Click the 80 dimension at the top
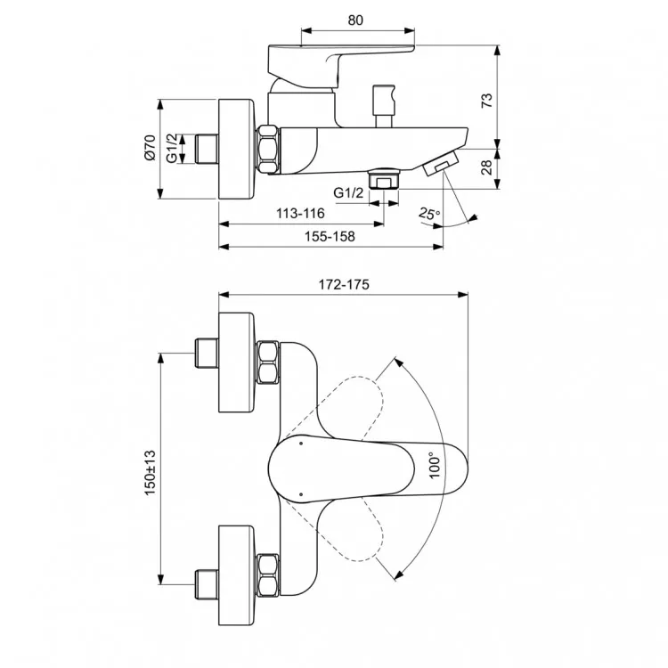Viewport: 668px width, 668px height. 355,20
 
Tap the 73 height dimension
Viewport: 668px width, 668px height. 486,101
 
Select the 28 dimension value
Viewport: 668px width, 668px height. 486,167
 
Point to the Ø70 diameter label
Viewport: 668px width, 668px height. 150,147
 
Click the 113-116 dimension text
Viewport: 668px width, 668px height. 300,213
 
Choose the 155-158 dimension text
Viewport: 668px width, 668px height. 330,236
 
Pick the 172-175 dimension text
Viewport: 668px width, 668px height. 344,284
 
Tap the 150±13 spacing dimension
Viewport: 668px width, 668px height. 150,472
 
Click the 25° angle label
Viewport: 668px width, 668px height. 428,214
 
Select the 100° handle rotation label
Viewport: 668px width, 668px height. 434,465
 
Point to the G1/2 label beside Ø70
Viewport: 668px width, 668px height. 171,147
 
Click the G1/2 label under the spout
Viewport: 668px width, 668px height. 348,192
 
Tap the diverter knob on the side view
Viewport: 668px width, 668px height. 383,106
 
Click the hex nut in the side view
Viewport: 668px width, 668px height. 268,150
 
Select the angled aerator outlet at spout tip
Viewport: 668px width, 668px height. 441,162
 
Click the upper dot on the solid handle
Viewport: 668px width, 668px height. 301,444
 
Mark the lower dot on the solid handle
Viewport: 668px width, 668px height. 301,494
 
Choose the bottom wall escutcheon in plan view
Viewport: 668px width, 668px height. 236,575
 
